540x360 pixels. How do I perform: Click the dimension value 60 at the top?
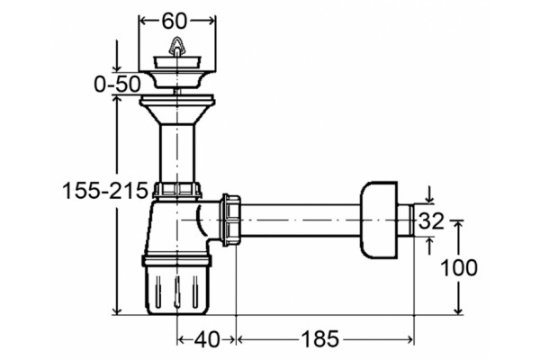click(x=174, y=21)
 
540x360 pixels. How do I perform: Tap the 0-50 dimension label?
click(x=117, y=84)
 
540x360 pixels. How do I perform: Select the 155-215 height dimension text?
click(x=105, y=191)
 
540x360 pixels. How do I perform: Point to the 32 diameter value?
click(x=431, y=220)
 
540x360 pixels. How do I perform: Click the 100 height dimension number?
click(x=459, y=267)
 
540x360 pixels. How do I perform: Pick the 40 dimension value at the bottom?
click(x=207, y=339)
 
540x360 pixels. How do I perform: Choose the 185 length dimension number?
click(x=320, y=339)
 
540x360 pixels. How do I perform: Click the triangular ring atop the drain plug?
click(x=176, y=45)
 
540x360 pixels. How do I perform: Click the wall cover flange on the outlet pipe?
click(x=379, y=220)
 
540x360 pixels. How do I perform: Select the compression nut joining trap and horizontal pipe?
click(x=231, y=220)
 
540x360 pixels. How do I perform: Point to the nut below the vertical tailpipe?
click(x=176, y=190)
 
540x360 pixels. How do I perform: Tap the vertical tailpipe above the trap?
click(x=176, y=153)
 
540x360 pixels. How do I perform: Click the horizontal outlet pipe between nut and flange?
click(x=301, y=220)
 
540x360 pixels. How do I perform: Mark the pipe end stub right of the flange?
click(x=406, y=220)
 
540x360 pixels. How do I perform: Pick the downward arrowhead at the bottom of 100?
click(x=458, y=310)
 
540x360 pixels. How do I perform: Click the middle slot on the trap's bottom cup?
click(x=176, y=292)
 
